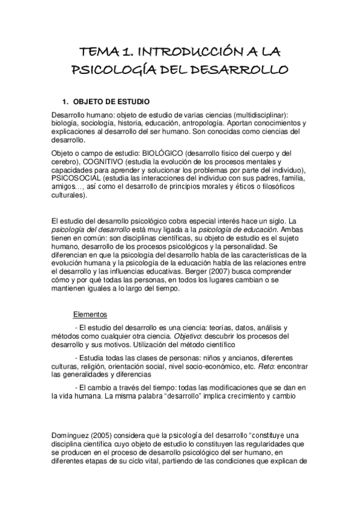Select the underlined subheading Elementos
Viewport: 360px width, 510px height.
point(90,313)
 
